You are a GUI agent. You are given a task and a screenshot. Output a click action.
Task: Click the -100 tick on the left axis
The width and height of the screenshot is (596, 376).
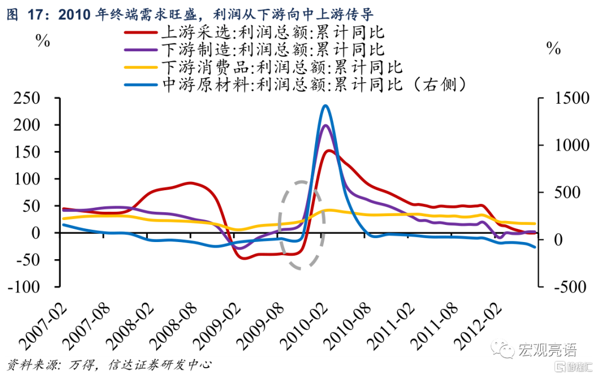(28, 287)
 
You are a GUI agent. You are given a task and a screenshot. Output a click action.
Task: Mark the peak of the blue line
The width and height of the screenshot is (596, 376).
(325, 106)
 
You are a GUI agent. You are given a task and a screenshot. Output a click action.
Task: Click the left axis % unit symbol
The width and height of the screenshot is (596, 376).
(43, 41)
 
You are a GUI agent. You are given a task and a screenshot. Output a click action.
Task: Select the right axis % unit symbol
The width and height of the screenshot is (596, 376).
(553, 49)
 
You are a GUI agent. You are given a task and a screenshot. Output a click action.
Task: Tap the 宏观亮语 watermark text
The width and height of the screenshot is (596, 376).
(546, 350)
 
